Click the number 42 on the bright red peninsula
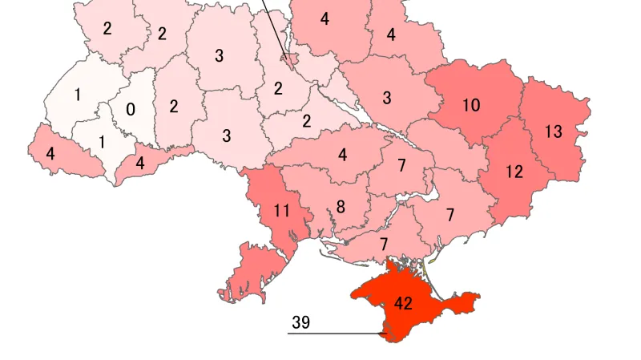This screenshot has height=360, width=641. click(x=403, y=304)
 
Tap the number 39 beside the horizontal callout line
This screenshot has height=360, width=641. click(x=300, y=323)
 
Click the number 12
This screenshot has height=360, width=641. click(x=514, y=171)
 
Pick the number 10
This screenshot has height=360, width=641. click(x=471, y=106)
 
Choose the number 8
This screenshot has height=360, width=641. click(x=341, y=207)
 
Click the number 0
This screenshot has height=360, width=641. click(x=131, y=109)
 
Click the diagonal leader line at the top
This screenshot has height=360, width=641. click(x=276, y=28)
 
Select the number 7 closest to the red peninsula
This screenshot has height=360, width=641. click(x=384, y=244)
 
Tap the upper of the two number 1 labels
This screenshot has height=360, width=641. click(x=78, y=95)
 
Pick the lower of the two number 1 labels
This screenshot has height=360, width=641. click(x=102, y=143)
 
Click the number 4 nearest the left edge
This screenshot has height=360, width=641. click(x=50, y=152)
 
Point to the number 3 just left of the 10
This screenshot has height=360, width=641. click(x=387, y=99)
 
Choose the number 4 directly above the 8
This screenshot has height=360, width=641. click(x=343, y=155)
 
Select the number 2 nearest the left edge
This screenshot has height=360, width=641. click(x=107, y=28)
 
